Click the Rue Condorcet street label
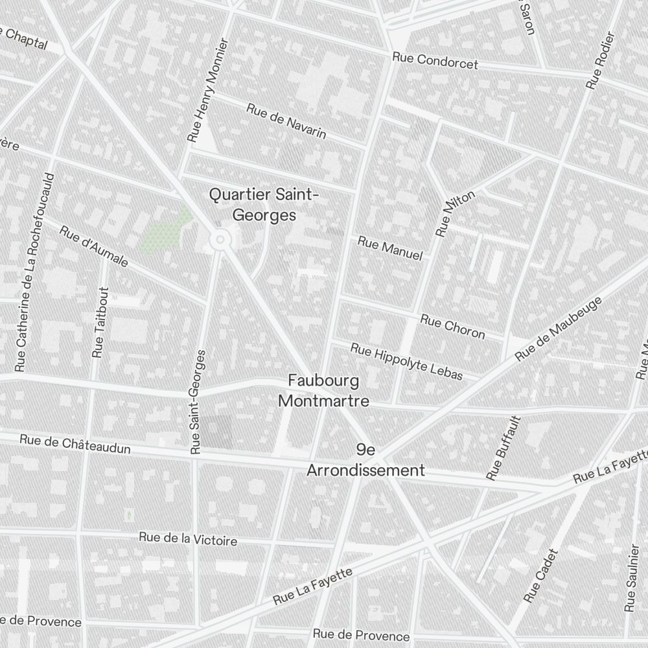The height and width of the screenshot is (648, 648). point(435,61)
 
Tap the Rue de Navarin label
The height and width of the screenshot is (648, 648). point(286,121)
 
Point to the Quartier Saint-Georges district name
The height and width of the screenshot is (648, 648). point(264,205)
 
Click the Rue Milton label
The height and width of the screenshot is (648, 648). point(455,213)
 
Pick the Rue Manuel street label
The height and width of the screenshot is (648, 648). point(390,249)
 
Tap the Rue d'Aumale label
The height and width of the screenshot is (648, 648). point(95,246)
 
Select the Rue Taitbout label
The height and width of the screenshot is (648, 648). point(100,322)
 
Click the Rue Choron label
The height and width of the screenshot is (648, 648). point(452,326)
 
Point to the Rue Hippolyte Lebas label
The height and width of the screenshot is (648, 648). point(407,361)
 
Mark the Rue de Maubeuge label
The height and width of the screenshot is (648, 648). point(559,329)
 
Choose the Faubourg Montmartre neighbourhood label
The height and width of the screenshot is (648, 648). point(323,391)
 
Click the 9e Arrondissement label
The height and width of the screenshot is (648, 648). point(365,461)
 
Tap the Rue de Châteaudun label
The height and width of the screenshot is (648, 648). point(75,444)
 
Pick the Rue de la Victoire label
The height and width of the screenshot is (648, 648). point(188,538)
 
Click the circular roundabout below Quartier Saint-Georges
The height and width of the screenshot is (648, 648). point(220,240)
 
